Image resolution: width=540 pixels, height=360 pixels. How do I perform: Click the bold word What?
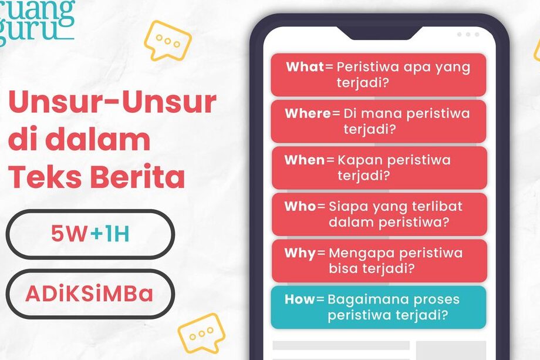point(305,66)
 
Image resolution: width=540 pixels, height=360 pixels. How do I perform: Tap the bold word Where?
point(308,113)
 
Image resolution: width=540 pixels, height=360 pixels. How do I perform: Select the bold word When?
point(305,160)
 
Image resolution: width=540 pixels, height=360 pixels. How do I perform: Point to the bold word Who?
point(300,206)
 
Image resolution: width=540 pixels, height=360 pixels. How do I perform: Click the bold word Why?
point(300,254)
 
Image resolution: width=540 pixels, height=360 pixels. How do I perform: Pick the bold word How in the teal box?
point(300,299)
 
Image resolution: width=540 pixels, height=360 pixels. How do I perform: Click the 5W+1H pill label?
point(90,234)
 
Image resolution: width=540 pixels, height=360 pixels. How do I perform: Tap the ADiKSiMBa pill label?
point(89,294)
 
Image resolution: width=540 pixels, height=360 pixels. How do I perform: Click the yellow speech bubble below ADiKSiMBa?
point(201,333)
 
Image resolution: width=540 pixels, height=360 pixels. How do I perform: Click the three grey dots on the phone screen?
point(468,35)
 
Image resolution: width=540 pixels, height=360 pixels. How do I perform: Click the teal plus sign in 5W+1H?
point(97,234)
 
